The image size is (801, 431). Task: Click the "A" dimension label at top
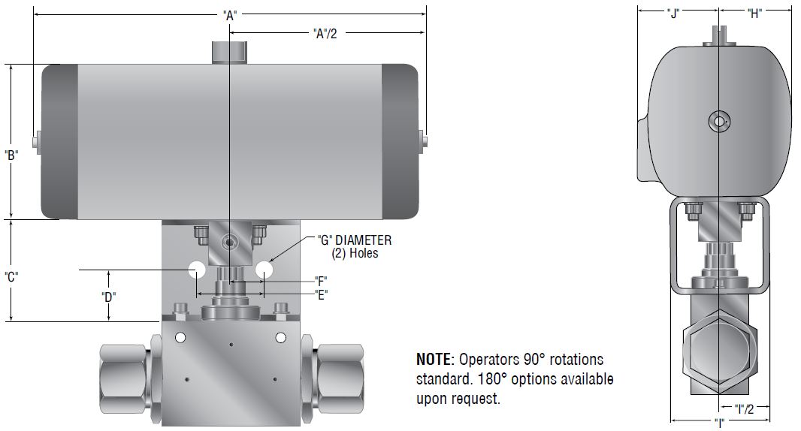(230, 14)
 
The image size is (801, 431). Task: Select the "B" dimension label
(11, 155)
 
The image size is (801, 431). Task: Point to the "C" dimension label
(11, 276)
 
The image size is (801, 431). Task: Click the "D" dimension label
(108, 296)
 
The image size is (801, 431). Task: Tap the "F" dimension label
(321, 281)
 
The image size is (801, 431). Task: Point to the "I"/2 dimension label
(744, 408)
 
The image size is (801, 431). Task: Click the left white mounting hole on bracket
(197, 269)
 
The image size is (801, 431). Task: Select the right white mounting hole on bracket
(263, 269)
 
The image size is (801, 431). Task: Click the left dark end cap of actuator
(59, 141)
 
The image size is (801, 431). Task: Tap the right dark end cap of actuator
(400, 141)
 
